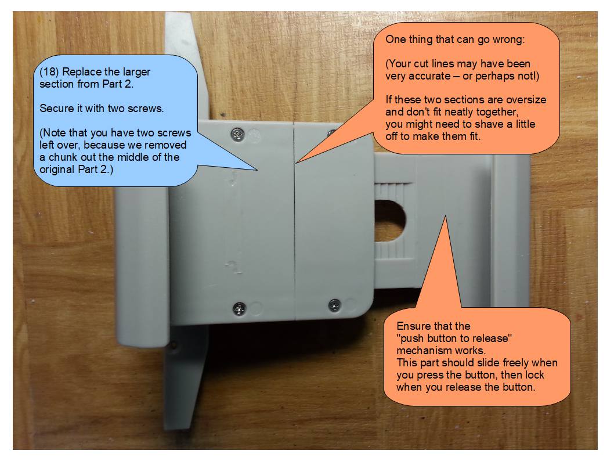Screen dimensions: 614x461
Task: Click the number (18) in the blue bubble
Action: [49, 72]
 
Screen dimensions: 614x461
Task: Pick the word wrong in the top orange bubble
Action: [507, 39]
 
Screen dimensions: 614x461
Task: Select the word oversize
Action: [525, 100]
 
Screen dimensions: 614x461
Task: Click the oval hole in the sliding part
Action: [389, 221]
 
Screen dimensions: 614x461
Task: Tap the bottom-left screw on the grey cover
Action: [239, 309]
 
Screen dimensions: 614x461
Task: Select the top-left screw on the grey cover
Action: [237, 135]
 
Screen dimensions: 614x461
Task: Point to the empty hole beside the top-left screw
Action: [254, 135]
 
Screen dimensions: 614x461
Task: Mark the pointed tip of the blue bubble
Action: [257, 170]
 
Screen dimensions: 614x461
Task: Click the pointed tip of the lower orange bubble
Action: [445, 216]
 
